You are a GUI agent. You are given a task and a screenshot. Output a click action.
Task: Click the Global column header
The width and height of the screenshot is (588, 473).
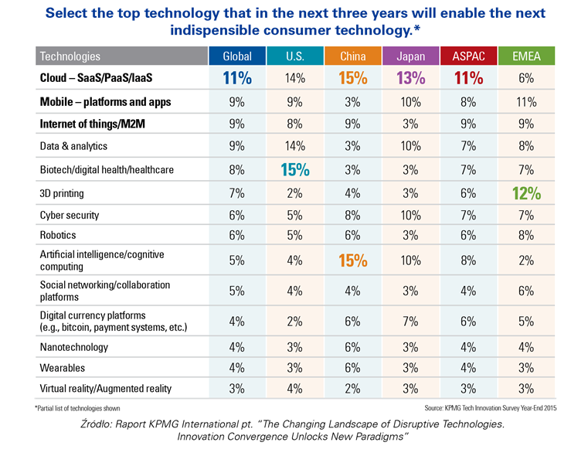(x=236, y=56)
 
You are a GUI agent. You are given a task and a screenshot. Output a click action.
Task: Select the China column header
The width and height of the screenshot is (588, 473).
(x=352, y=56)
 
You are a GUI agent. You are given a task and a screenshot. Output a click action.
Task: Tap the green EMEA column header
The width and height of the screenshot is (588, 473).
(x=526, y=56)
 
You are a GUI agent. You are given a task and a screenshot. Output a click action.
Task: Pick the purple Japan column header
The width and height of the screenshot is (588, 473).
(x=410, y=56)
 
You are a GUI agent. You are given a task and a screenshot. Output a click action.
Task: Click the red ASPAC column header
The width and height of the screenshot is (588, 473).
(x=467, y=56)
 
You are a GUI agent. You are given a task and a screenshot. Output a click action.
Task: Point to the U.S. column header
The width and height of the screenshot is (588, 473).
(x=294, y=56)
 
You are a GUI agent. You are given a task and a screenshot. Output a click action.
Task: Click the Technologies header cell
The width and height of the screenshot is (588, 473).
(x=70, y=56)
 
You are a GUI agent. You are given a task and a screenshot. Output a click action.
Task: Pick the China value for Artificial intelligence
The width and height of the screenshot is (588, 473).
(x=352, y=260)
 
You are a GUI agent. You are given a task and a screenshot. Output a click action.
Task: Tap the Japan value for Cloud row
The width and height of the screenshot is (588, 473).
(x=410, y=77)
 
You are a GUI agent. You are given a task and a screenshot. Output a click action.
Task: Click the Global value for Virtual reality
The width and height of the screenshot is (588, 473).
(x=236, y=388)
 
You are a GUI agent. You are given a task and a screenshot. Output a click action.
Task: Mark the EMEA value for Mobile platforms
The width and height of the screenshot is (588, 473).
(x=526, y=101)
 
